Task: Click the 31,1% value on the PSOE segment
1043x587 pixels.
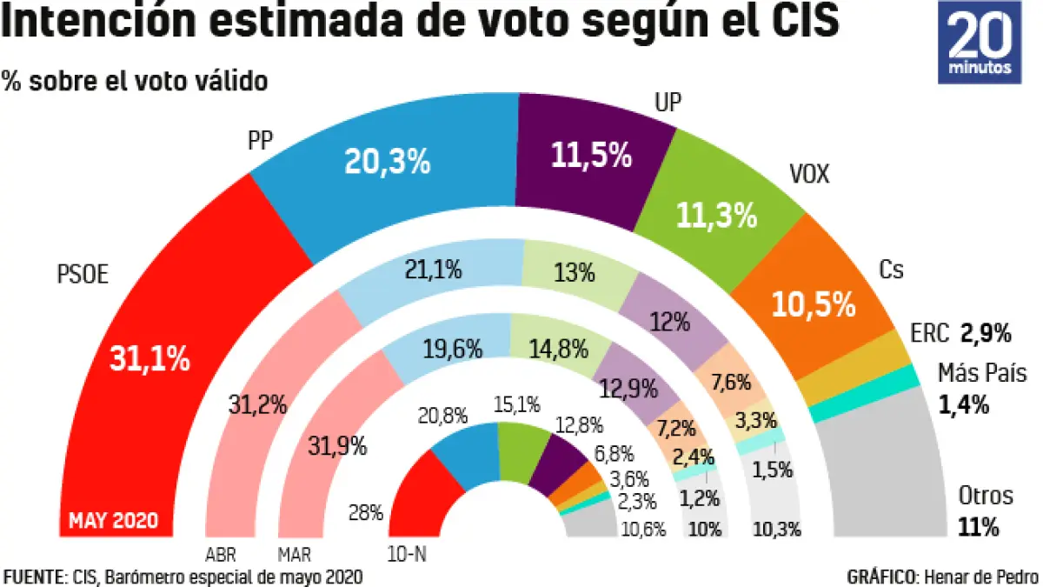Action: click(x=149, y=358)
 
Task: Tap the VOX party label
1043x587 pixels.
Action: click(x=809, y=175)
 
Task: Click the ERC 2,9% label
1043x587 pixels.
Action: click(x=960, y=332)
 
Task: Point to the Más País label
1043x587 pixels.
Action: click(x=982, y=374)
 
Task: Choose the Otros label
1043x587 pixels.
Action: click(x=985, y=496)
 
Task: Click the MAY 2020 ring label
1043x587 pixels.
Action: click(x=114, y=521)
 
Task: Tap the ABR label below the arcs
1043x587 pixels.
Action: click(x=221, y=554)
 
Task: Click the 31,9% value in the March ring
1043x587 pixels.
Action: click(x=337, y=448)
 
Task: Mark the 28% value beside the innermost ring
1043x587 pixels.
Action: click(x=365, y=511)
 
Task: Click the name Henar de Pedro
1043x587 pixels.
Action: click(x=980, y=577)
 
